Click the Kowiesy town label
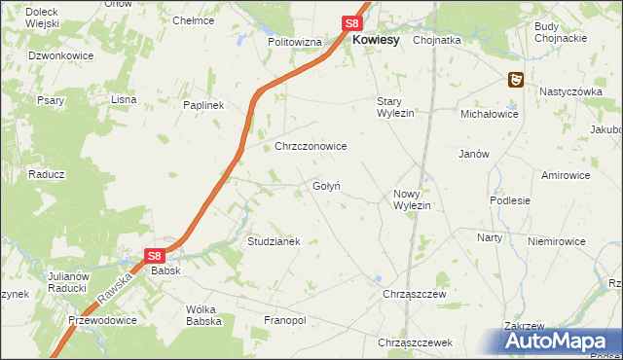tap(376, 40)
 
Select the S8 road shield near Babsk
tap(154, 256)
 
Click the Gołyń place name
tap(326, 186)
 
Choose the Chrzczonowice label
tap(311, 146)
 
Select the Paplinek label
tap(204, 105)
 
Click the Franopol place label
tap(285, 320)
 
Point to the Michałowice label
tap(490, 114)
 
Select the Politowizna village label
tap(295, 43)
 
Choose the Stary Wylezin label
tap(396, 107)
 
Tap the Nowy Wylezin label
tap(412, 199)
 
